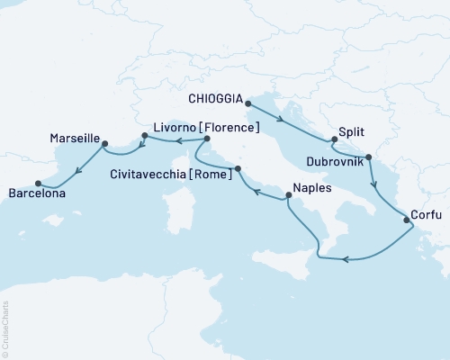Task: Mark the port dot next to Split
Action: pos(335,139)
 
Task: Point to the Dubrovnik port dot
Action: pos(369,157)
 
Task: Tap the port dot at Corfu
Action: pos(404,217)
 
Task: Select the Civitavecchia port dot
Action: pos(238,168)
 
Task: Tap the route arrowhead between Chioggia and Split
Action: pos(281,120)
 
